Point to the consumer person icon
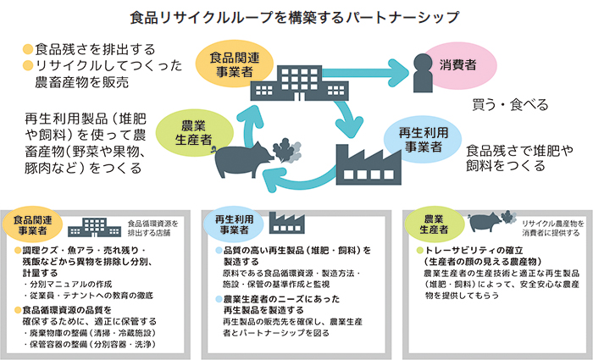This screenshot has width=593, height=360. [421, 73]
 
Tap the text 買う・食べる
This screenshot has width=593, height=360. [510, 106]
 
